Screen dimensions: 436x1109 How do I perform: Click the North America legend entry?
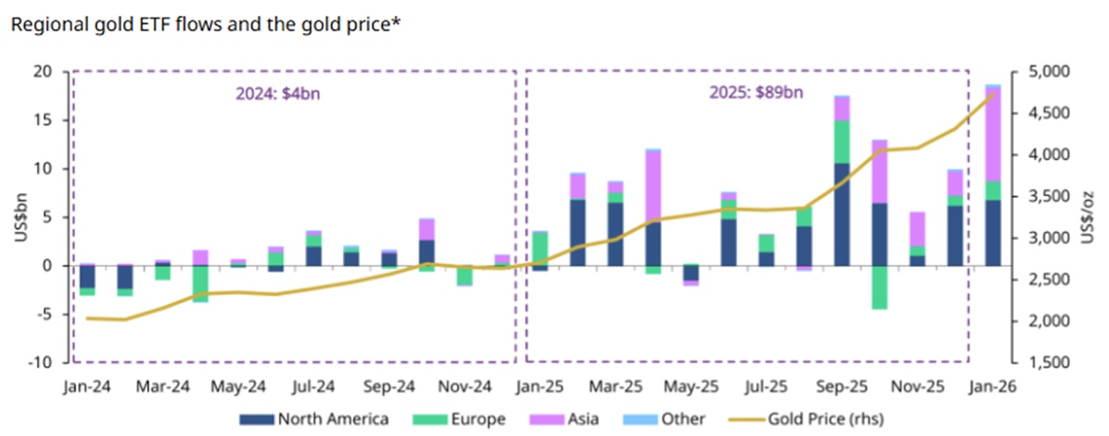pos(312,419)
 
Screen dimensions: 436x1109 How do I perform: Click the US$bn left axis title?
pos(21,218)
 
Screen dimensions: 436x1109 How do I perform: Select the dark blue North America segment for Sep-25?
pos(842,214)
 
